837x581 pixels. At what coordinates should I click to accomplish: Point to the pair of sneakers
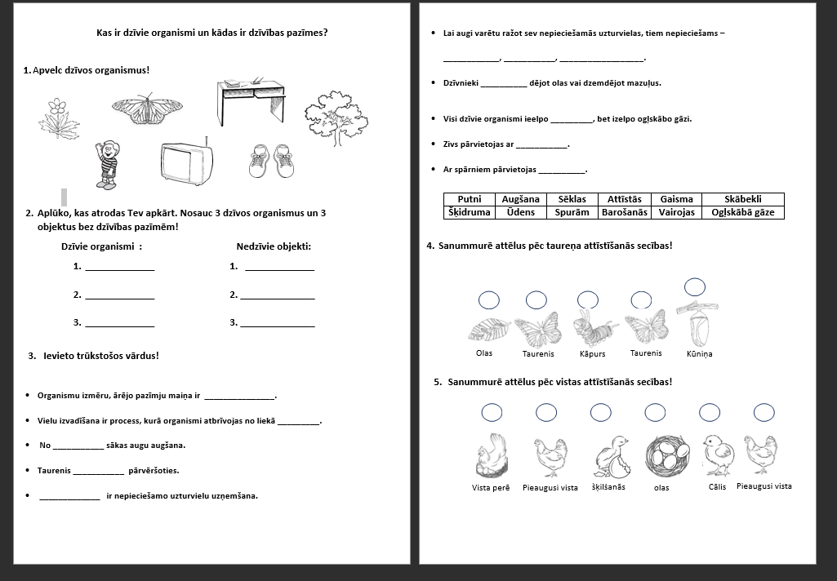coord(271,161)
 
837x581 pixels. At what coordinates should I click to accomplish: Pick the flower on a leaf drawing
coord(58,119)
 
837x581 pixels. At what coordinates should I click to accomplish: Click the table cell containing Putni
coord(470,199)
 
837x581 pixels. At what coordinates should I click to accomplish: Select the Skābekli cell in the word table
coord(742,199)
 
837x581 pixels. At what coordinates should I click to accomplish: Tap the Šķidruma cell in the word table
coord(470,212)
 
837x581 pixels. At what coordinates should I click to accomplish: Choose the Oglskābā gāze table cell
coord(742,212)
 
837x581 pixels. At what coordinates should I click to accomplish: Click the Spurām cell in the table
coord(572,212)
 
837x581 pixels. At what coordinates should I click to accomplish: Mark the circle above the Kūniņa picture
coord(694,286)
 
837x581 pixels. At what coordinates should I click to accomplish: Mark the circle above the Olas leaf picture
coord(489,300)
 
